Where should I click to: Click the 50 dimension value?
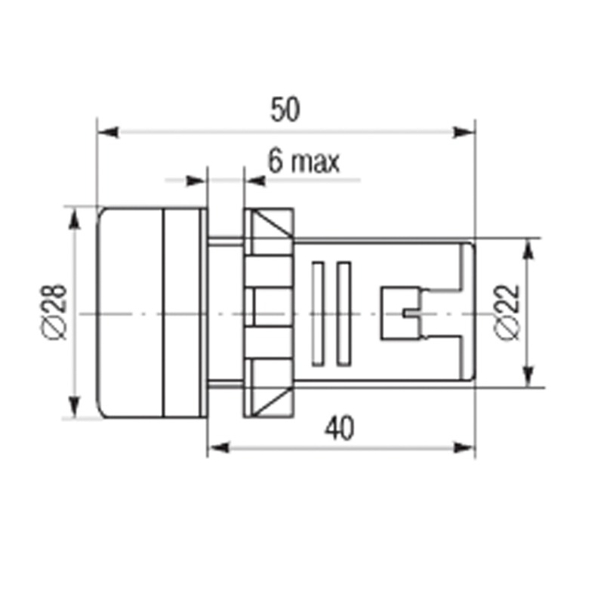285,109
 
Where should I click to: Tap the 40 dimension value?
339,428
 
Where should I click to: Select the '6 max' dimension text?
304,162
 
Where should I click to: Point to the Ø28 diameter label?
56,313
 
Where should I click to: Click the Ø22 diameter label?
508,313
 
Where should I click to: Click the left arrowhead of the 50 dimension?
108,133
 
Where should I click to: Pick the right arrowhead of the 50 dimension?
464,133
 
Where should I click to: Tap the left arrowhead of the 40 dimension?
218,448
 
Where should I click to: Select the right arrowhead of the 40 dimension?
464,448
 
